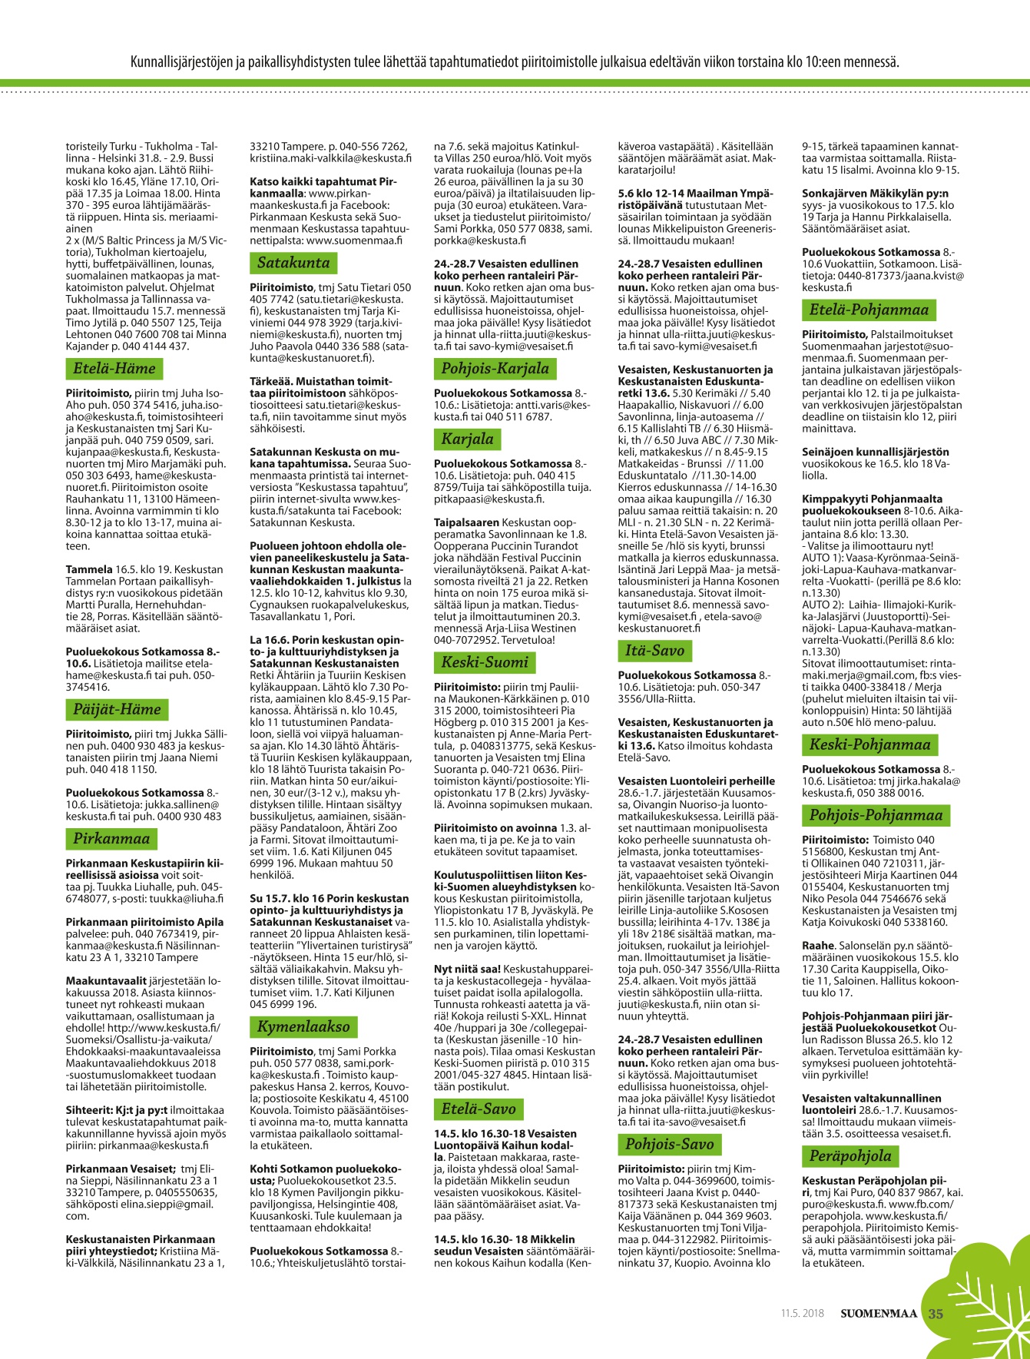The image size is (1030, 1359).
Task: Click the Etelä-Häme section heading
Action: click(114, 369)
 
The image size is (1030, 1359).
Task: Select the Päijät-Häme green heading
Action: click(117, 709)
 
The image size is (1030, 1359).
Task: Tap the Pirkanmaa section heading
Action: click(111, 839)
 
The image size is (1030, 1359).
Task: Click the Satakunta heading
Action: click(293, 263)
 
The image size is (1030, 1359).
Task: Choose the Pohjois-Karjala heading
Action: click(495, 369)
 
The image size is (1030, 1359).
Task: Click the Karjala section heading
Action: click(467, 439)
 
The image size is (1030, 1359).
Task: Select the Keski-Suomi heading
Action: click(485, 662)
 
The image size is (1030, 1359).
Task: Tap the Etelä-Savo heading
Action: click(479, 1109)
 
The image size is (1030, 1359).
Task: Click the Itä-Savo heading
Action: click(654, 651)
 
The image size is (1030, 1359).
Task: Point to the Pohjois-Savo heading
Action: click(669, 1144)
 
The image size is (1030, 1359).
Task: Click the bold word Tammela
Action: click(90, 570)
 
